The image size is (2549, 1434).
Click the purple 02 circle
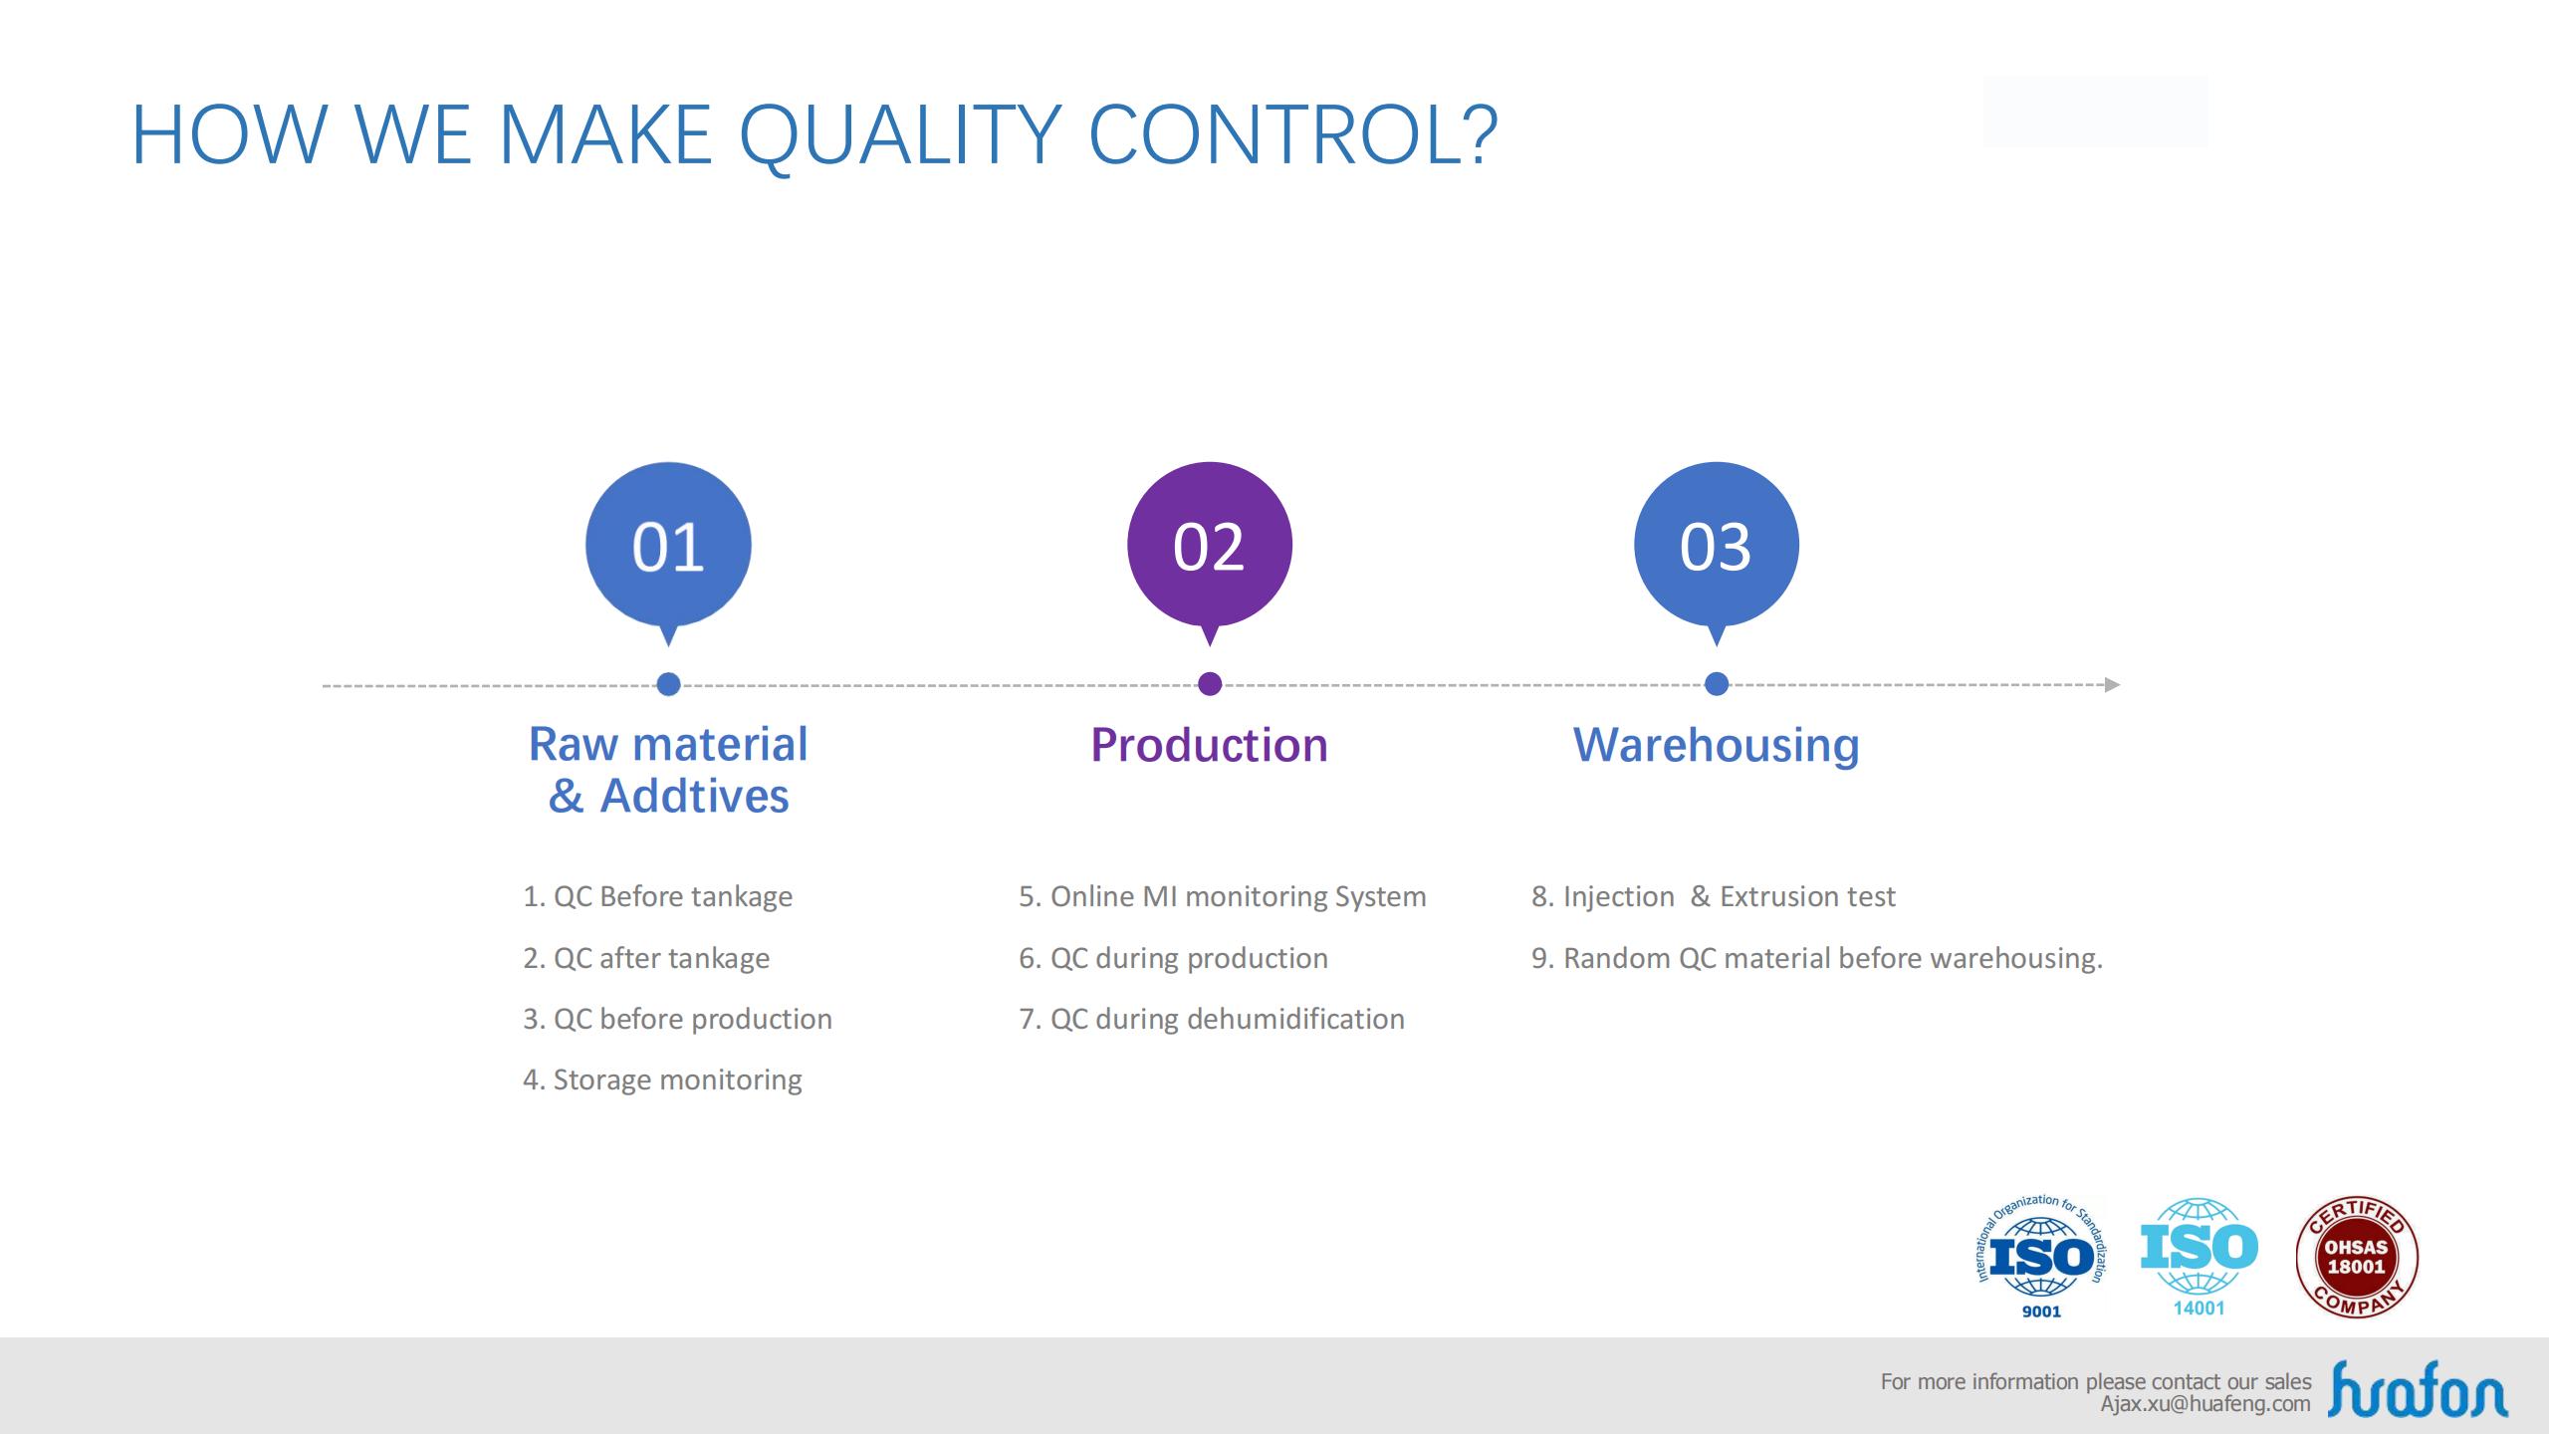1209,545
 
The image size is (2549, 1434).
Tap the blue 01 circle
668,545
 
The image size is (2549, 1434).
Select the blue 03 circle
1716,545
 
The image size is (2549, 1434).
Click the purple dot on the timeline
1210,684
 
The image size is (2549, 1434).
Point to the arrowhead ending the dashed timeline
2113,684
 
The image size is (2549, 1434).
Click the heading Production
1209,745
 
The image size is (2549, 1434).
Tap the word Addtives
694,796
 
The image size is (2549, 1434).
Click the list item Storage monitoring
662,1080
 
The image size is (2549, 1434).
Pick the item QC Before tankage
658,897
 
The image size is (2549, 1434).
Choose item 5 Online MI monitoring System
1223,897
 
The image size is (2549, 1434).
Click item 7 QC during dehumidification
1212,1019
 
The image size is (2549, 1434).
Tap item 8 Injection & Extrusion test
1714,897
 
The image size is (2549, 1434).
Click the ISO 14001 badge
2200,1257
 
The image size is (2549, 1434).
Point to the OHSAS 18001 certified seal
2356,1257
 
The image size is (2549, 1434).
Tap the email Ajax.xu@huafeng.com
2205,1404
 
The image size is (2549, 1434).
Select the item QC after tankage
646,958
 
